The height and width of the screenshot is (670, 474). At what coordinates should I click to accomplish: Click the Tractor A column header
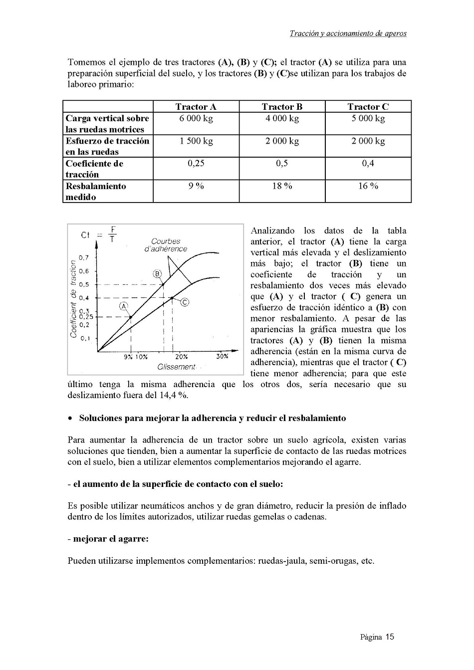tap(196, 107)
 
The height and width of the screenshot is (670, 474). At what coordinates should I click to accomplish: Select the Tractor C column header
tap(368, 107)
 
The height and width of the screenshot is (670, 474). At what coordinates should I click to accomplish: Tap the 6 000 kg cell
tap(196, 119)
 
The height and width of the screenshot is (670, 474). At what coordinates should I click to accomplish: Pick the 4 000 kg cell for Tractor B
tap(282, 119)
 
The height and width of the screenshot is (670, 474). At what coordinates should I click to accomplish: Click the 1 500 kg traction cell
tap(196, 141)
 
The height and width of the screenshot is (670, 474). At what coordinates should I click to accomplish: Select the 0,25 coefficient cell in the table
tap(196, 164)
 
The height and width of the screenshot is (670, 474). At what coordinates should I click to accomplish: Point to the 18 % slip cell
tap(282, 186)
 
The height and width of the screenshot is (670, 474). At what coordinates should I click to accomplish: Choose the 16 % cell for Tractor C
tap(368, 186)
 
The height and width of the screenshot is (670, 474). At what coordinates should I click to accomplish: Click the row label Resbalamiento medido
tap(96, 192)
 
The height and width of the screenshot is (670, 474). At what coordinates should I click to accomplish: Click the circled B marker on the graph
tap(157, 273)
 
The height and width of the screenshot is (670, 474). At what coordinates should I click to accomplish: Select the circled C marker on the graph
tap(184, 302)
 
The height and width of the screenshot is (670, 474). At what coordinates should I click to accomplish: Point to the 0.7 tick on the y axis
tap(84, 258)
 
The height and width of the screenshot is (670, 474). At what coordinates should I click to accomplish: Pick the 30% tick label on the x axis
tap(222, 356)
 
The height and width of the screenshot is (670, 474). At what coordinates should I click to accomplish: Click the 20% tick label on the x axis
tap(182, 356)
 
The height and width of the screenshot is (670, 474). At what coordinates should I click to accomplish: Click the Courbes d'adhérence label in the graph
tap(166, 245)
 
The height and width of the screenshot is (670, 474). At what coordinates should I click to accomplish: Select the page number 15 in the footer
tap(389, 637)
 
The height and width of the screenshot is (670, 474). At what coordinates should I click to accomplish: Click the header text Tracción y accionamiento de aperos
tap(348, 34)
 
